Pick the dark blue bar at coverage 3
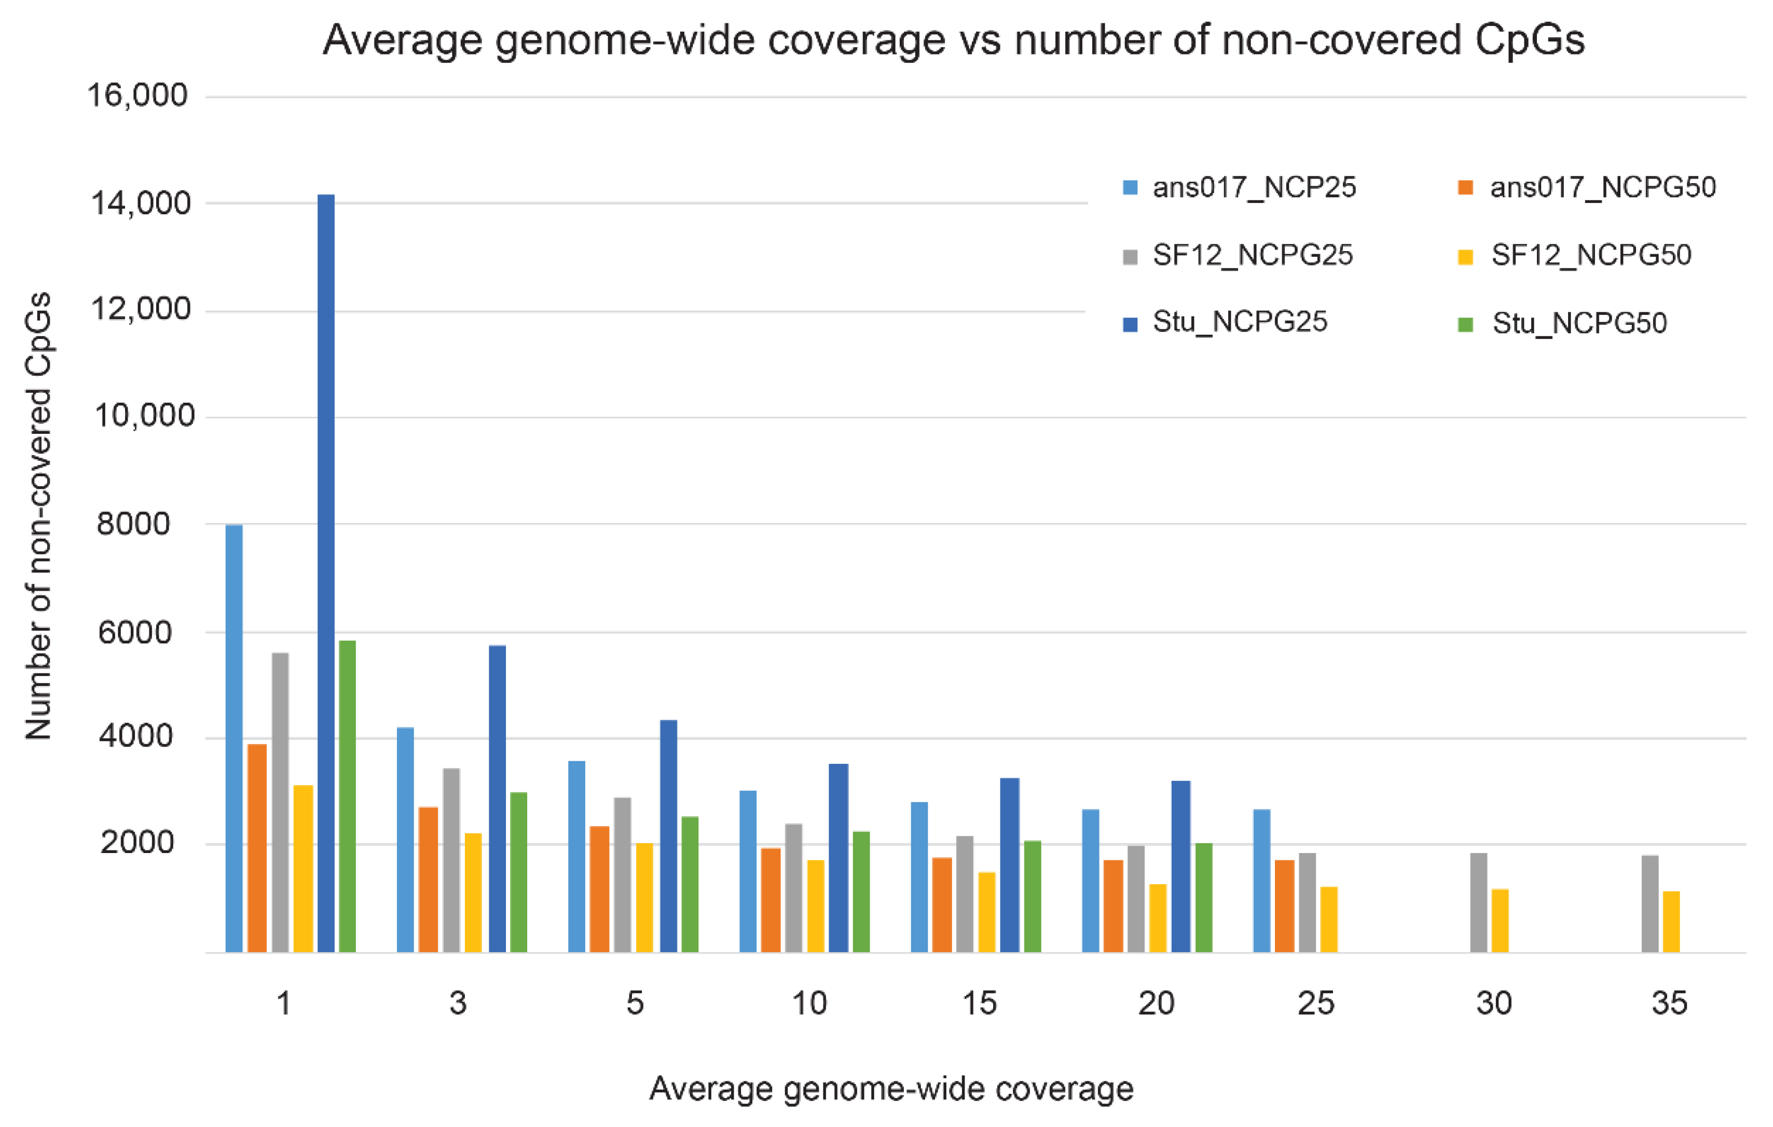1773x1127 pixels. pyautogui.click(x=497, y=799)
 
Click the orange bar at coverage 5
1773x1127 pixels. pyautogui.click(x=599, y=889)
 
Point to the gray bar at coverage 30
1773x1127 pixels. pyautogui.click(x=1478, y=902)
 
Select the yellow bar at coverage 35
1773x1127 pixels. pyautogui.click(x=1671, y=922)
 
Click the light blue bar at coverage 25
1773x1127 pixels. pyautogui.click(x=1262, y=881)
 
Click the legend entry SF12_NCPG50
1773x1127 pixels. pyautogui.click(x=1590, y=255)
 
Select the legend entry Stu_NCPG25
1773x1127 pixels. pyautogui.click(x=1239, y=322)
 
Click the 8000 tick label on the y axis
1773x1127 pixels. pyautogui.click(x=133, y=524)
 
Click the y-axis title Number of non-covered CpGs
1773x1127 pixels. pyautogui.click(x=38, y=515)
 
